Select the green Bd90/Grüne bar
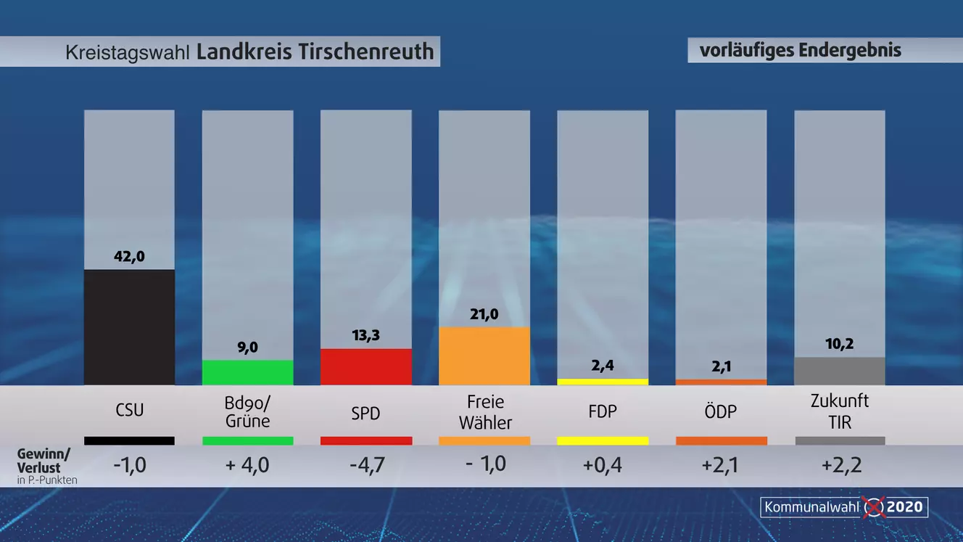click(247, 372)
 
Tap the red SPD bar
click(365, 366)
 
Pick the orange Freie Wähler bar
click(484, 356)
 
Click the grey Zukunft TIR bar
click(839, 371)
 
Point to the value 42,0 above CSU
click(129, 256)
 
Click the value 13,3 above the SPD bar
click(365, 335)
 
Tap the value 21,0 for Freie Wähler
click(484, 314)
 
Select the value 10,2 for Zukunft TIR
click(839, 344)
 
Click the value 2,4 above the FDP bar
click(603, 366)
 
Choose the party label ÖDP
click(721, 411)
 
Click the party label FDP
click(603, 411)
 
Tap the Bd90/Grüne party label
click(247, 411)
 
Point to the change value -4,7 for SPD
click(365, 464)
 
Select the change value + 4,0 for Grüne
click(247, 464)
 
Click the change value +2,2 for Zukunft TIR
click(841, 464)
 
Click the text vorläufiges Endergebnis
click(800, 50)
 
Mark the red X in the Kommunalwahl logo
click(875, 506)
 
